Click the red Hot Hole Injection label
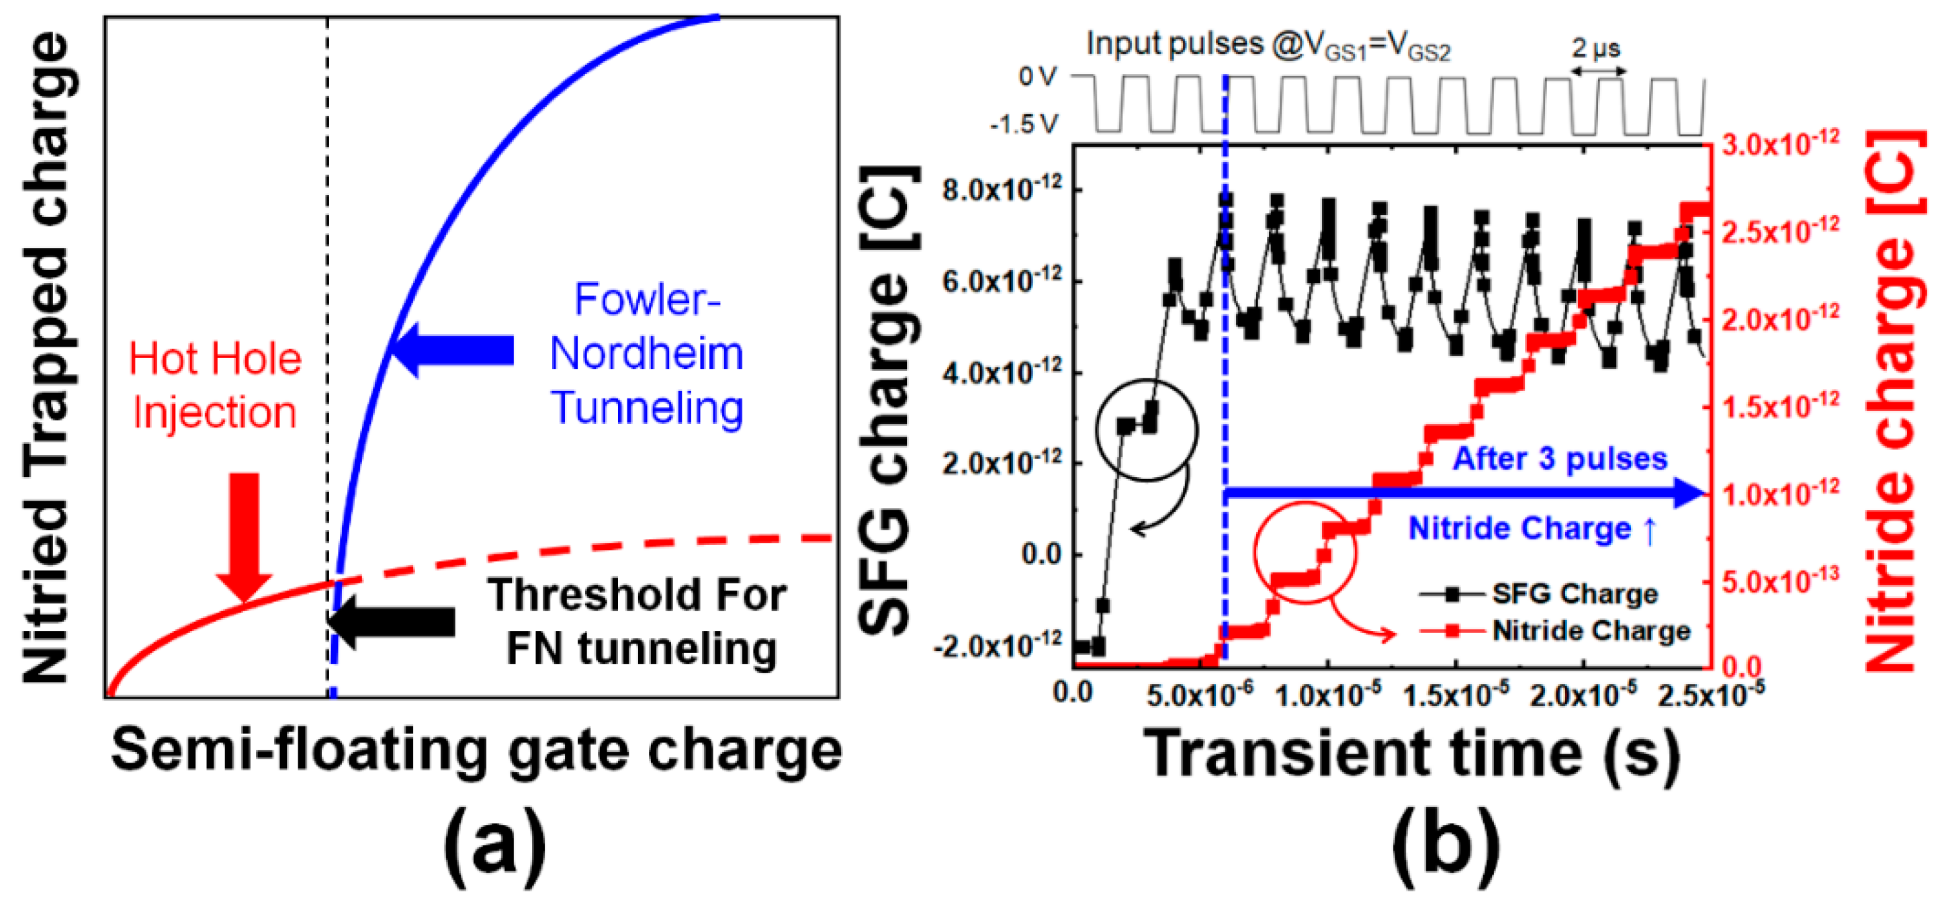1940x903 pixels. (215, 385)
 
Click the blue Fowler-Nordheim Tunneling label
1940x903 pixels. (647, 353)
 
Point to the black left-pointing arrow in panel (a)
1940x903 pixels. (392, 622)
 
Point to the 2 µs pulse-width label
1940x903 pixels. (1597, 49)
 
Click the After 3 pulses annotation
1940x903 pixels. (1560, 458)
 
